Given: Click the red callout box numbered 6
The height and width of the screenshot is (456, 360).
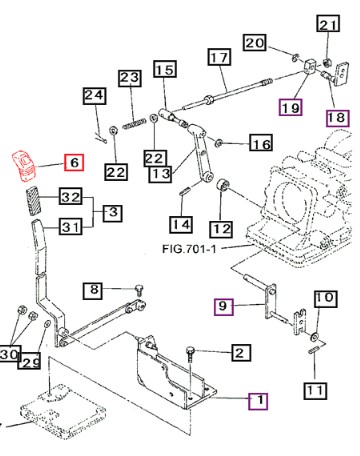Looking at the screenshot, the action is pyautogui.click(x=74, y=162).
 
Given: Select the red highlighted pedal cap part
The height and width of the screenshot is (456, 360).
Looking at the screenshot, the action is pyautogui.click(x=24, y=166).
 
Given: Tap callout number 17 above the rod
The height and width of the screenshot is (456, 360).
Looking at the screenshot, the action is pyautogui.click(x=219, y=57).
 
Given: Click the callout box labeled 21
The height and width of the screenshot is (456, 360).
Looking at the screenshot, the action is pyautogui.click(x=328, y=23).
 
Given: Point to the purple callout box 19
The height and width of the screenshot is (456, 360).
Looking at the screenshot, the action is pyautogui.click(x=291, y=107).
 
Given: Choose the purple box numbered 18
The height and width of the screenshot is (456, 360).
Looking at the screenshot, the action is pyautogui.click(x=337, y=118).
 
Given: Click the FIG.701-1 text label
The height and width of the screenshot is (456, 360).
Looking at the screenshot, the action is pyautogui.click(x=189, y=249).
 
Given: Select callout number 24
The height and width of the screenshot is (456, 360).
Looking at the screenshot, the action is pyautogui.click(x=94, y=96).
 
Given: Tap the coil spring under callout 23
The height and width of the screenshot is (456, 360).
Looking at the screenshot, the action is pyautogui.click(x=134, y=124).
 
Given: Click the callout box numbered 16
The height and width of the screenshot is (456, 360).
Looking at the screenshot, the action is pyautogui.click(x=261, y=144).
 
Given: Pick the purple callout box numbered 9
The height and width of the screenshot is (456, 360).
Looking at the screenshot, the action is pyautogui.click(x=224, y=306).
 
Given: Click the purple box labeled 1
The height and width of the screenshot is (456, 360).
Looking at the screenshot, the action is pyautogui.click(x=258, y=400).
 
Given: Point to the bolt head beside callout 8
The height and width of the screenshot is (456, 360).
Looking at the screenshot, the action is pyautogui.click(x=139, y=289).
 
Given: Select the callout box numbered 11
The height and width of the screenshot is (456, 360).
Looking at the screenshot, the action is pyautogui.click(x=315, y=390).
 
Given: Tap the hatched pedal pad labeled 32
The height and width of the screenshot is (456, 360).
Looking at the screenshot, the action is pyautogui.click(x=34, y=201).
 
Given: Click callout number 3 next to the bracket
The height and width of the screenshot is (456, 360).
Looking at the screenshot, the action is pyautogui.click(x=113, y=213).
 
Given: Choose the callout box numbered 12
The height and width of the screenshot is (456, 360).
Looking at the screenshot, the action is pyautogui.click(x=221, y=230).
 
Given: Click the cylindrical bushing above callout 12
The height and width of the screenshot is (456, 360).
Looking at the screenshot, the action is pyautogui.click(x=222, y=185).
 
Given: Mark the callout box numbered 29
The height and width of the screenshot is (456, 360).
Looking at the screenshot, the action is pyautogui.click(x=30, y=360).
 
